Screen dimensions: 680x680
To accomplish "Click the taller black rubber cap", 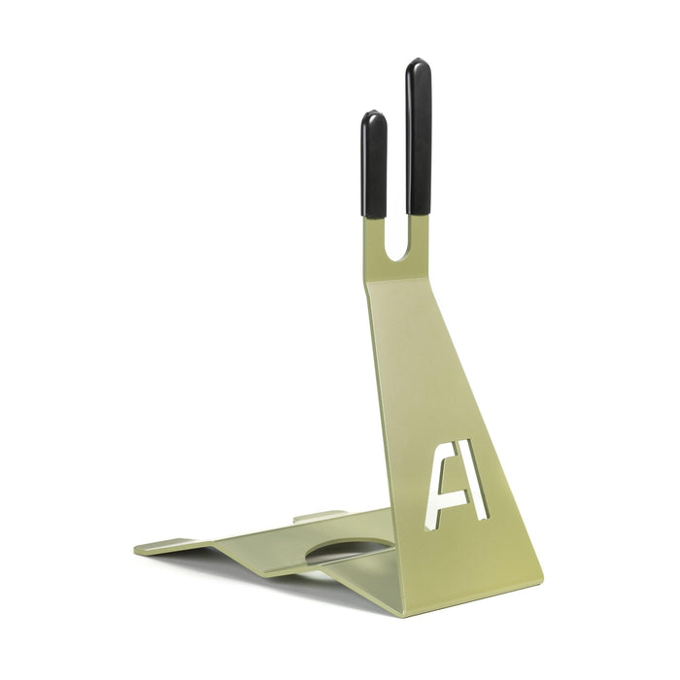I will coord(419,136).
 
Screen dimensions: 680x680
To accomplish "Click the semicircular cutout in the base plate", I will coord(345,552).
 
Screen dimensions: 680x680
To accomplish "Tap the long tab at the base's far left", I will coord(165,546).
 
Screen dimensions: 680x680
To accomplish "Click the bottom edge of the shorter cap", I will coord(374,216).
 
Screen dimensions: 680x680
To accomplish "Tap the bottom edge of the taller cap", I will coord(419,213).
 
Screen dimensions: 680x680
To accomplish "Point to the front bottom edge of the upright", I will coord(466,603).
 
